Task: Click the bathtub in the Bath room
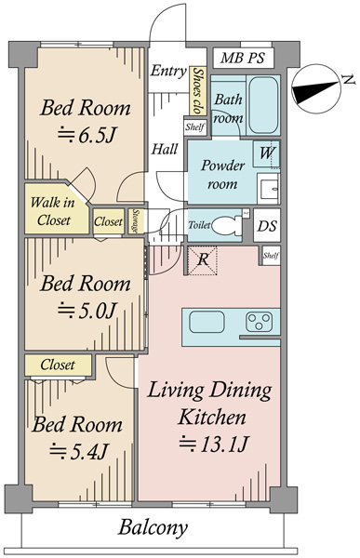tap(263, 105)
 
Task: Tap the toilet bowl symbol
tap(228, 225)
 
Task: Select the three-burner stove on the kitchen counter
tap(260, 322)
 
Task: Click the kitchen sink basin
tap(207, 322)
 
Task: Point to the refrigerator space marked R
tap(202, 260)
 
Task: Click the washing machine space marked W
tap(266, 154)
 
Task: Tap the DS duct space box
tap(267, 226)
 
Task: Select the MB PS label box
tap(243, 58)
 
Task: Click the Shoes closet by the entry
tap(197, 91)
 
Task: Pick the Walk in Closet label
tap(53, 211)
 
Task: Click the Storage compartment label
tap(135, 221)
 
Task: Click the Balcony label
tap(153, 527)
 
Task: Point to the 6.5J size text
tap(87, 135)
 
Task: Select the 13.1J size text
tap(213, 444)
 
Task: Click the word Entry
tap(168, 71)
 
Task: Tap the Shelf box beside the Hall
tap(195, 126)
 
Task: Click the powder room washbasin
tap(269, 188)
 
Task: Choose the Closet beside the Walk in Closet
tap(108, 221)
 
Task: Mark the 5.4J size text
tap(79, 452)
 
